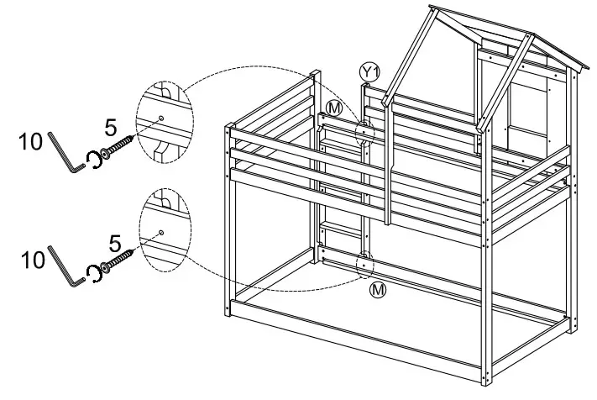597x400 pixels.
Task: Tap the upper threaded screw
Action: click(121, 145)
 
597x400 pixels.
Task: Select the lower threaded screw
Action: click(121, 261)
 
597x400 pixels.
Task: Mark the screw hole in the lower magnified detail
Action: click(160, 232)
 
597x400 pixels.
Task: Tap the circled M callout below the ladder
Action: click(379, 291)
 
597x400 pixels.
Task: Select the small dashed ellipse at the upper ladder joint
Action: click(364, 134)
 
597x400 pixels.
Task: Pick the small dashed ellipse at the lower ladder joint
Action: click(365, 265)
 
